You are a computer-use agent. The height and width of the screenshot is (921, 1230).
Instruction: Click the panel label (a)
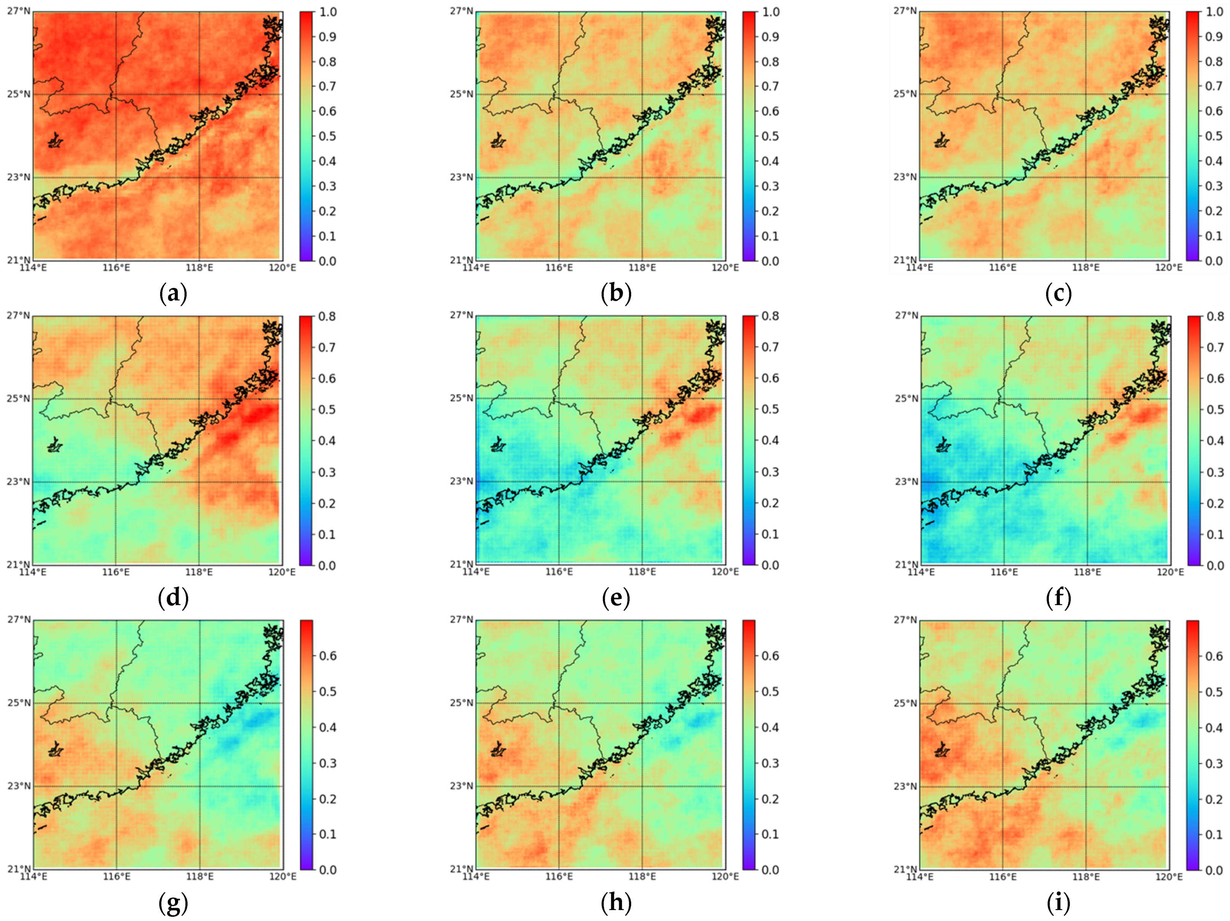tap(173, 293)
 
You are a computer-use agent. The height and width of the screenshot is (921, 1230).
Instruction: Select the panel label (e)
tap(615, 598)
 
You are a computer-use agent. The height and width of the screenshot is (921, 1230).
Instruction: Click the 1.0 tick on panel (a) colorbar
tap(327, 12)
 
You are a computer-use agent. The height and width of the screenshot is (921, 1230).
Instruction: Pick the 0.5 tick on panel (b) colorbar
tap(770, 136)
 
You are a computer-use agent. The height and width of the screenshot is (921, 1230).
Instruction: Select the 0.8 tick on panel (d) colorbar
tap(327, 316)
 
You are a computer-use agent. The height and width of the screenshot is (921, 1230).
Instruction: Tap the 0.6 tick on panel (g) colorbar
tap(327, 655)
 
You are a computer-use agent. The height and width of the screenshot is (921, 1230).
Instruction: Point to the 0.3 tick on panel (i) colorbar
tap(1213, 763)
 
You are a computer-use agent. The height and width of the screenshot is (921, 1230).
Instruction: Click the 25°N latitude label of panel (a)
tap(18, 94)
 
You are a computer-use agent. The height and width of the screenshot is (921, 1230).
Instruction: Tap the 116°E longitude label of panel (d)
tap(116, 572)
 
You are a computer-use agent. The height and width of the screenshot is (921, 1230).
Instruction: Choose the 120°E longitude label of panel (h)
tap(725, 876)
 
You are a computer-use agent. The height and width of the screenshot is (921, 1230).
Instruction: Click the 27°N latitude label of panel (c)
tap(905, 11)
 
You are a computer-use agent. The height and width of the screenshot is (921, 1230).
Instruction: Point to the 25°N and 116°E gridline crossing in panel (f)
tap(1004, 399)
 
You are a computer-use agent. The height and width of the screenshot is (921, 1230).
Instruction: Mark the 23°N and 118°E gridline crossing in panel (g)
tap(200, 786)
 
